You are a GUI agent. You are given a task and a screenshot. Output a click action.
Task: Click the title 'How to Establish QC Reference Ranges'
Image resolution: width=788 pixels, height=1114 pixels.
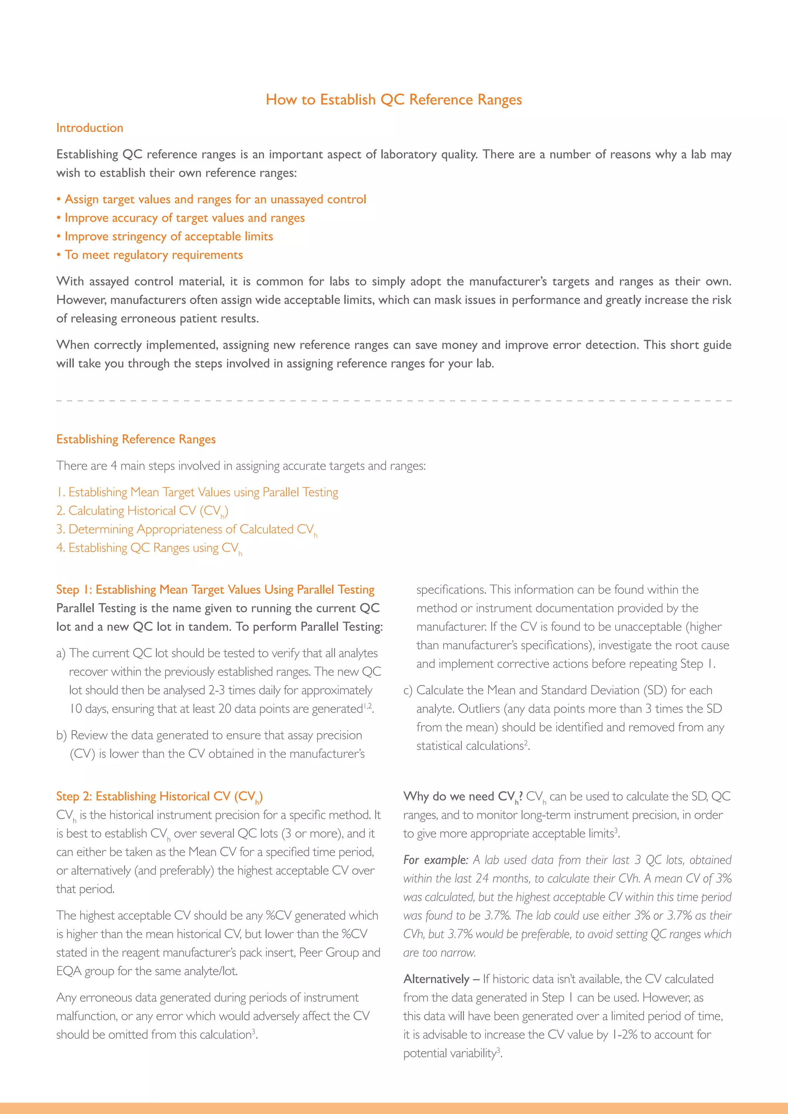[x=394, y=100]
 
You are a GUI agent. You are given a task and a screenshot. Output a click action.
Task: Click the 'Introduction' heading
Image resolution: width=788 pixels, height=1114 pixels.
[x=90, y=128]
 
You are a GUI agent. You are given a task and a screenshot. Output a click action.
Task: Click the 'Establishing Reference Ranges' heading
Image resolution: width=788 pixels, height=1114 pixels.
[x=136, y=439]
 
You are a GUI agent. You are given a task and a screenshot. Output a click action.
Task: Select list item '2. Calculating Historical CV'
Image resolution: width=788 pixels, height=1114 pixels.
[x=142, y=511]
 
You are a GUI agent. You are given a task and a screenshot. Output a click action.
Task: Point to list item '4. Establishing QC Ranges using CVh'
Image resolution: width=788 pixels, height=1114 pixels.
[x=149, y=548]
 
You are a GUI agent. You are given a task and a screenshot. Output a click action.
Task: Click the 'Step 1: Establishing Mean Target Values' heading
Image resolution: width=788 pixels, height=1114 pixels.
[x=215, y=590]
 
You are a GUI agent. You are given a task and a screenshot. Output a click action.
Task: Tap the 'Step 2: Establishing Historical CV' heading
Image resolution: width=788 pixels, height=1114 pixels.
[x=159, y=796]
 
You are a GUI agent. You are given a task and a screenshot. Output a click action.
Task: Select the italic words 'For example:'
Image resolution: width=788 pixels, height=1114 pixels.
[x=435, y=860]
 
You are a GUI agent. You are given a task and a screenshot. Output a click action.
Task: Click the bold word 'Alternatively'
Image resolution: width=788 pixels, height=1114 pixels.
[x=436, y=979]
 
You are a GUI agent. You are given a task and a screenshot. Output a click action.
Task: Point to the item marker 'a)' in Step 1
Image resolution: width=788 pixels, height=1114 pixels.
[x=61, y=654]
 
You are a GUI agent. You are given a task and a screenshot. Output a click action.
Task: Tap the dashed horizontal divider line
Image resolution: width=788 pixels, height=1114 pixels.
[x=394, y=401]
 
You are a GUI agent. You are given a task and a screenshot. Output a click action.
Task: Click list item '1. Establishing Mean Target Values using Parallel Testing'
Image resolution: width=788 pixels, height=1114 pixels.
[x=197, y=492]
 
